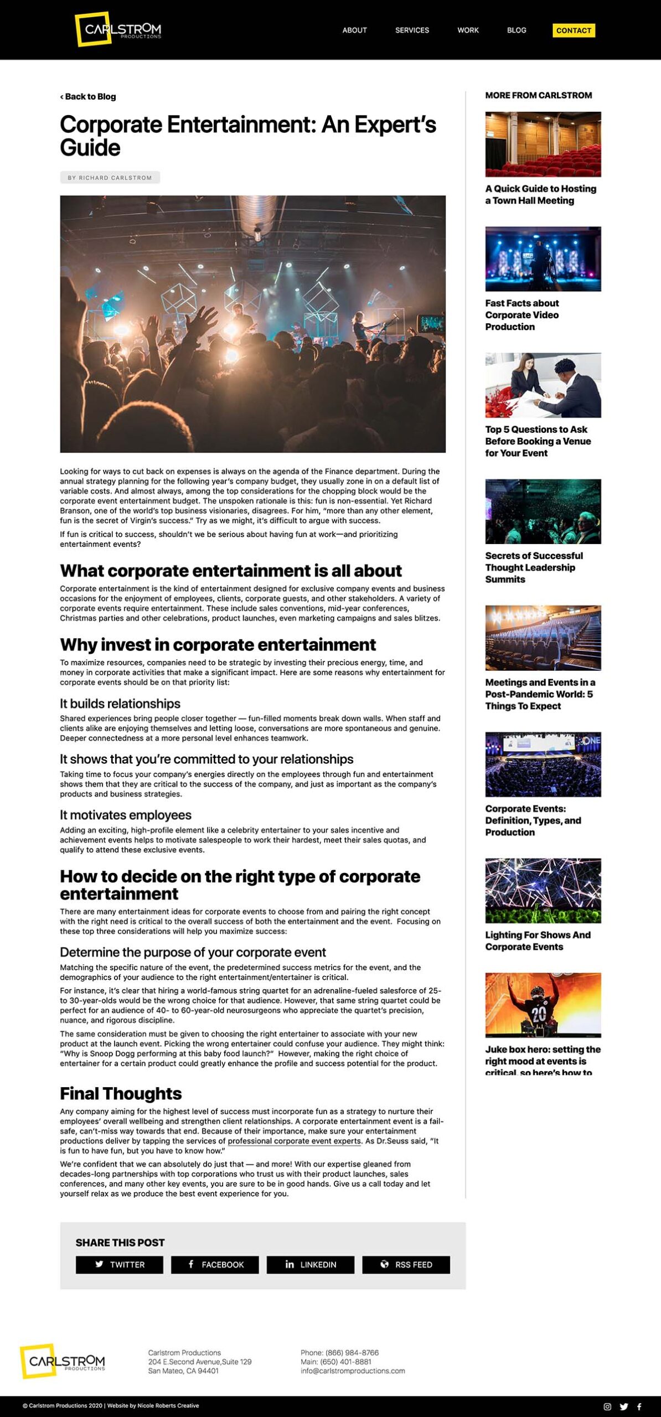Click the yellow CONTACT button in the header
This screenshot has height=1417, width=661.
coord(574,30)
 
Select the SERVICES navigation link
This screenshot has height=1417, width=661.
coord(412,30)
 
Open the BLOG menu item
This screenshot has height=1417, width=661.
coord(517,30)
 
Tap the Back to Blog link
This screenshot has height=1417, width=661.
coord(89,97)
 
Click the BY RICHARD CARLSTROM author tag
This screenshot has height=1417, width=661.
coord(110,178)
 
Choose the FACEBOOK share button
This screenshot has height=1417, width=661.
coord(215,1265)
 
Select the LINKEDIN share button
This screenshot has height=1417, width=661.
coord(310,1265)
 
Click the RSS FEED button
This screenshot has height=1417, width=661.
coord(406,1265)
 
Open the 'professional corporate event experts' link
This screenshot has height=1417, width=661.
coord(294,1141)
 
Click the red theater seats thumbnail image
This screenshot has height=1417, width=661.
coord(543,144)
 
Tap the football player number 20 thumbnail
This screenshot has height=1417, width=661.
coord(543,1005)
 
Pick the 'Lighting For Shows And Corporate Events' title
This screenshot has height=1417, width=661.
coord(538,941)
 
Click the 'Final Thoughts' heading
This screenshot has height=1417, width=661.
coord(121,1094)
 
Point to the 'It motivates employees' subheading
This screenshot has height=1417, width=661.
coord(126,815)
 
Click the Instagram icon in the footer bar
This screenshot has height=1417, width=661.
coord(607,1406)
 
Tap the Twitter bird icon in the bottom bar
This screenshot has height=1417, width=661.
coord(624,1406)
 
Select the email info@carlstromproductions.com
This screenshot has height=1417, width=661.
coord(353,1371)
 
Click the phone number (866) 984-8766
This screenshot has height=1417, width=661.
coord(352,1353)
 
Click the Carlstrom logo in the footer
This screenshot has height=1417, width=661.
coord(62,1361)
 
